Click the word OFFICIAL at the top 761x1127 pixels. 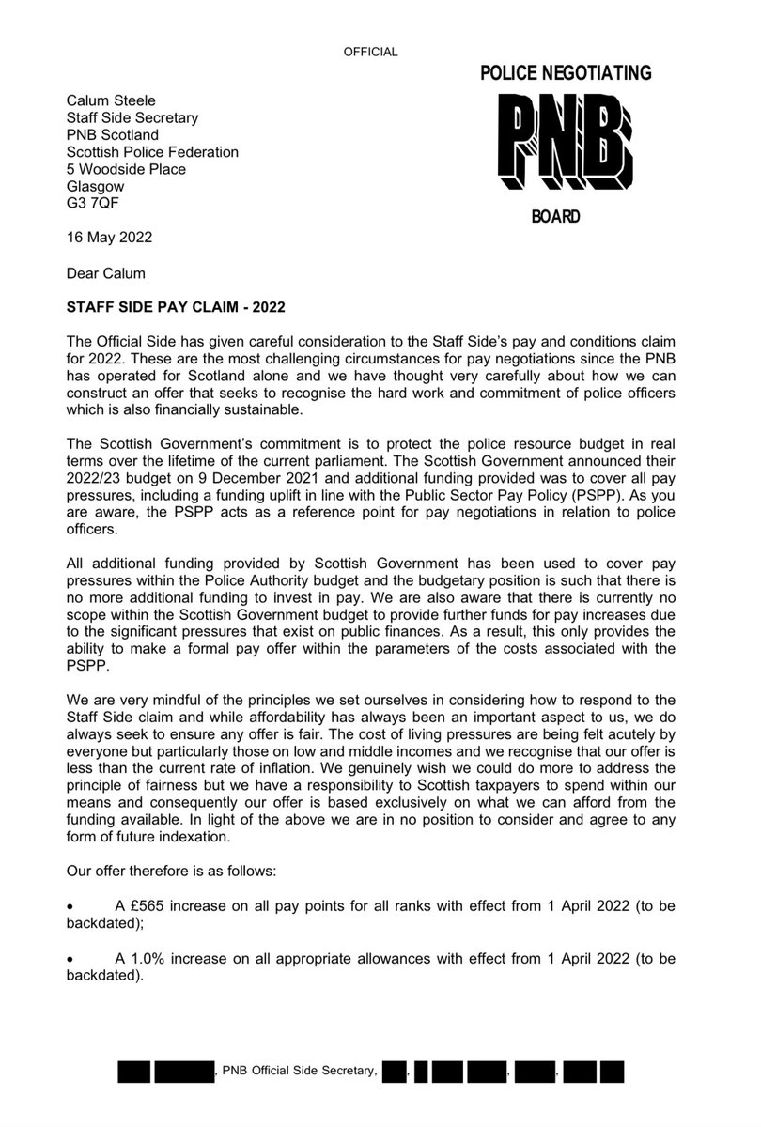click(x=372, y=52)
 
